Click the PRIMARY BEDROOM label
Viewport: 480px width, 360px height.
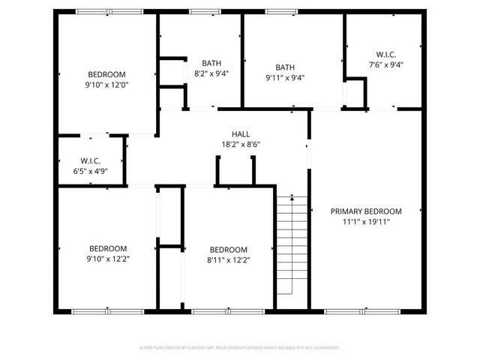pyautogui.click(x=366, y=211)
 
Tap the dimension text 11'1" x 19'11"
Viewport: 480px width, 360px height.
pyautogui.click(x=366, y=222)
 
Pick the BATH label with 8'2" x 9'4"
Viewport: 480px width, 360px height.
pyautogui.click(x=211, y=63)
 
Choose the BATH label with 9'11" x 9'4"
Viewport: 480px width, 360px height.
pyautogui.click(x=285, y=67)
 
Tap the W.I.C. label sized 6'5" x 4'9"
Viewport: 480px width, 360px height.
pyautogui.click(x=91, y=161)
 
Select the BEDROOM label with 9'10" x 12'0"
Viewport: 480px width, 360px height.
pyautogui.click(x=107, y=74)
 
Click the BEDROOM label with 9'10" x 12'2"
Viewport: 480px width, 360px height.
pyautogui.click(x=109, y=248)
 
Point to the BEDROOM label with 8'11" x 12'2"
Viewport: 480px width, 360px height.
pyautogui.click(x=228, y=250)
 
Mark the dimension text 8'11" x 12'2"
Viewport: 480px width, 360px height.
pyautogui.click(x=228, y=260)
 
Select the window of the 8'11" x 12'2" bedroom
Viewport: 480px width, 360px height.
pyautogui.click(x=223, y=310)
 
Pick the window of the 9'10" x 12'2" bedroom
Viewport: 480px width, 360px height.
pyautogui.click(x=107, y=310)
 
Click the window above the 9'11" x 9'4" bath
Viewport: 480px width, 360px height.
pyautogui.click(x=281, y=11)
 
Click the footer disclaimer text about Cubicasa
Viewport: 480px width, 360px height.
pyautogui.click(x=240, y=348)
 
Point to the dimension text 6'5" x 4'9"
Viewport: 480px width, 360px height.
pyautogui.click(x=91, y=172)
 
